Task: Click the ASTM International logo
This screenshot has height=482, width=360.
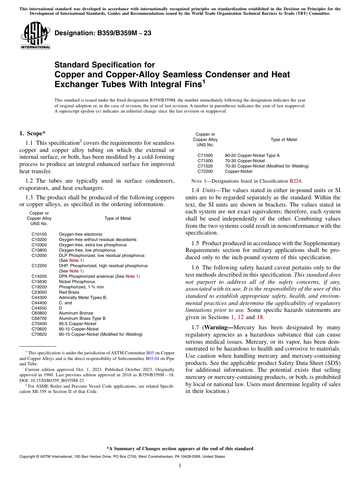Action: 35,35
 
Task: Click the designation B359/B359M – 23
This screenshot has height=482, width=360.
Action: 103,33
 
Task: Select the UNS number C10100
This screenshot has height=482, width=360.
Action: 39,234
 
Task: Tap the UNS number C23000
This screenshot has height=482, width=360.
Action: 39,292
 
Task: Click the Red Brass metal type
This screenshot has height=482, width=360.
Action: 69,292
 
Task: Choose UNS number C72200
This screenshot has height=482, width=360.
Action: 205,171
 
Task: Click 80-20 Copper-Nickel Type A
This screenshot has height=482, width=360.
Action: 252,155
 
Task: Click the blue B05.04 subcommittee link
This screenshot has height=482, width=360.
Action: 153,358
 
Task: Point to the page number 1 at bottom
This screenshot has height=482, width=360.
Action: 180,465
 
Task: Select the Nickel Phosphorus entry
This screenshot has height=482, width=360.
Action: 77,282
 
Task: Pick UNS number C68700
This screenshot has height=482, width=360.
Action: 39,318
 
